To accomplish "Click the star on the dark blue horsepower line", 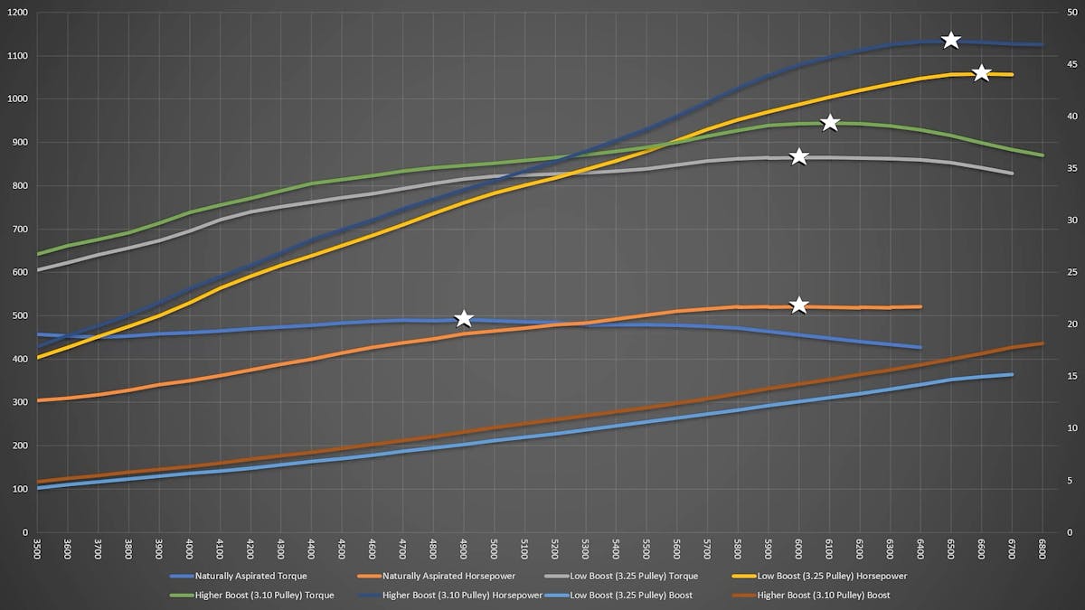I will pos(950,40).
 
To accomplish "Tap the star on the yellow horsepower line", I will pos(981,72).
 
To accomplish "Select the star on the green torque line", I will pos(830,123).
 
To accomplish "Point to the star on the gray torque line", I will pos(799,157).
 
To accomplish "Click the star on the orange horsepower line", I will pos(799,305).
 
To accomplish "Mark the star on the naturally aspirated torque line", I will pos(464,318).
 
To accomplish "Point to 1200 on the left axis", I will pos(16,13).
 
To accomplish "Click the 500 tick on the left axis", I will pos(18,315).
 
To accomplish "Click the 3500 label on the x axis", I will pos(36,549).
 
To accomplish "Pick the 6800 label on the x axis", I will pos(1043,549).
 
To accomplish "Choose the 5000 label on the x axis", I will pos(494,549).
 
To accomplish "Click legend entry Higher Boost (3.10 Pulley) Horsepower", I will pos(462,595).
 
